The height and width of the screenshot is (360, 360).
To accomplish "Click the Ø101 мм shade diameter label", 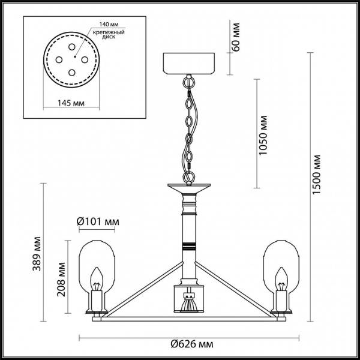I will click(x=99, y=222).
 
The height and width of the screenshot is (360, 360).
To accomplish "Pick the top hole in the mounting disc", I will click(x=71, y=46).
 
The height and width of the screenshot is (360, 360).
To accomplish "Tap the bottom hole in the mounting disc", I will click(x=71, y=72).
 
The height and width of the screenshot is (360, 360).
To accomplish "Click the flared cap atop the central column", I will click(x=189, y=188).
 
